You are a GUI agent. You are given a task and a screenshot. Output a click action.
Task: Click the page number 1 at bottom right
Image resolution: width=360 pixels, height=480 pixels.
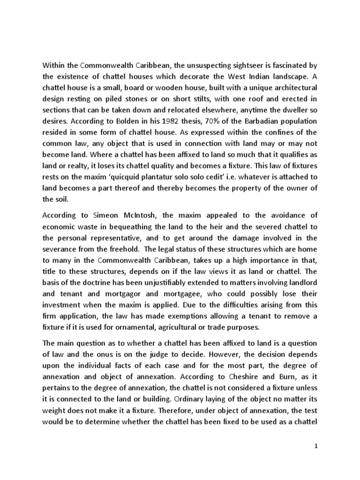tap(316, 447)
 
